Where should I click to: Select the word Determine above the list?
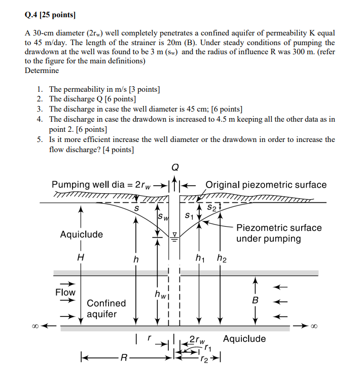point(42,70)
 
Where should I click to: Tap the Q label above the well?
point(175,167)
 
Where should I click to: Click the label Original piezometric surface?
point(266,185)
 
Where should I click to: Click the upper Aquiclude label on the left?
point(81,234)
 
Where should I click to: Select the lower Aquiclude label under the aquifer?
point(244,339)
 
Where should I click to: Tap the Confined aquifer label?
point(106,308)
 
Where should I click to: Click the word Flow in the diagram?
point(65,292)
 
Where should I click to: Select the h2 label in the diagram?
point(222,259)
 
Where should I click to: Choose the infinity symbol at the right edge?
point(314,326)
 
